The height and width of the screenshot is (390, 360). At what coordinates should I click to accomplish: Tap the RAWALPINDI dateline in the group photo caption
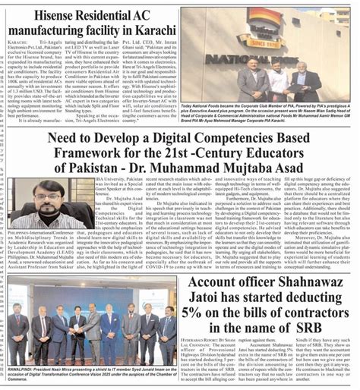pyautogui.click(x=24, y=363)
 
